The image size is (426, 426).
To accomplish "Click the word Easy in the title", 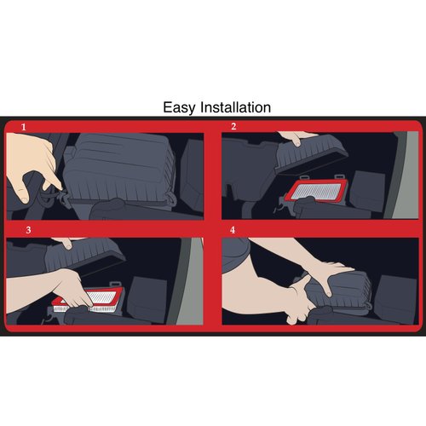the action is pos(179,108).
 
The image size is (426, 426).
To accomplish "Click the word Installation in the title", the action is pos(235,107).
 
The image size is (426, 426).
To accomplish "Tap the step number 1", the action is pos(24,127).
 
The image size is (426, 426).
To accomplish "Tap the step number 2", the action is pos(233,126).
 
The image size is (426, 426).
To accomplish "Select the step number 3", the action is pos(28,230).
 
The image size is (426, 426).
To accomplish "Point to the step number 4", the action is pos(233,230).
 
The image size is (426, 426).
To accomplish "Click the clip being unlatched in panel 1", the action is pos(63,197).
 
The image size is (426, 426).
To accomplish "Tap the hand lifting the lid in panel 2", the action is pos(296,138).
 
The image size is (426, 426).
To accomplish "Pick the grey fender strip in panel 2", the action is pos(403,175).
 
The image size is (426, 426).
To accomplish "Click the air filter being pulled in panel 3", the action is pos(91,300).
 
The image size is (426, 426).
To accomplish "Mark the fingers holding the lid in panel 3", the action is pos(67,243).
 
